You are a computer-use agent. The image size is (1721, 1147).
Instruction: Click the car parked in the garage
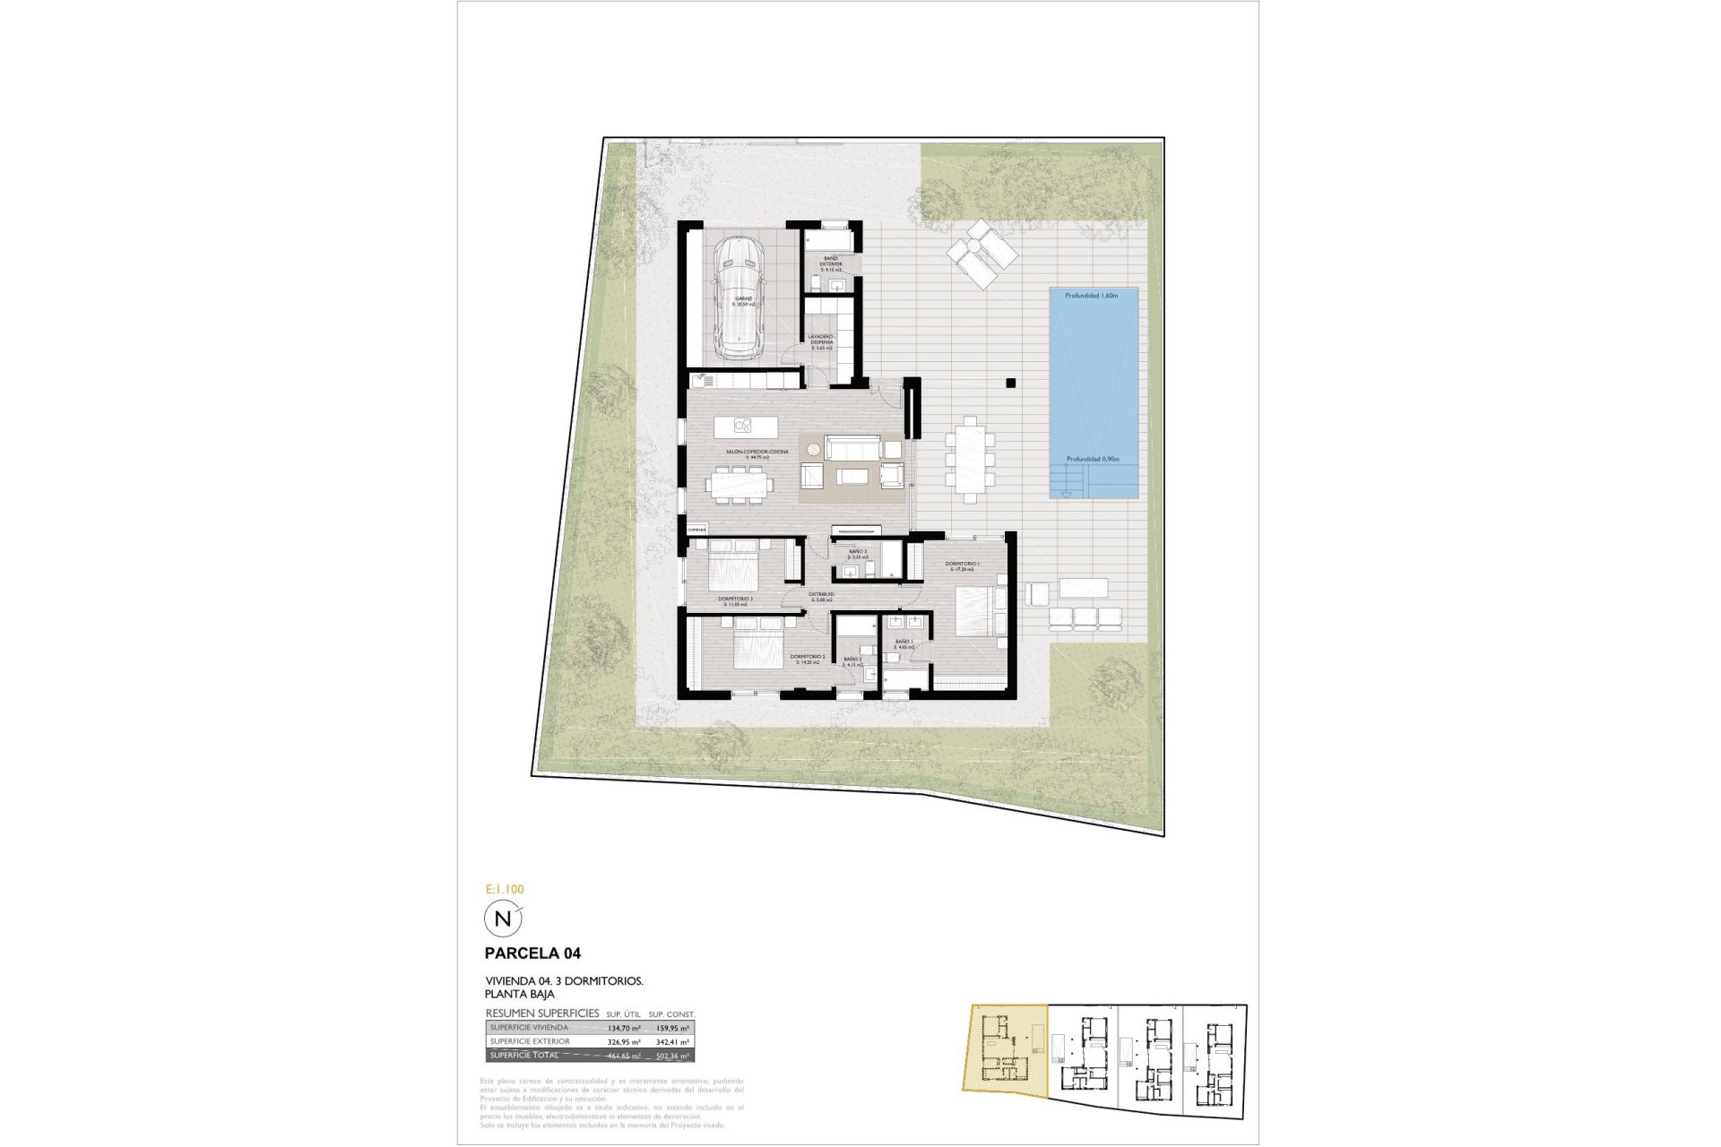[x=737, y=297]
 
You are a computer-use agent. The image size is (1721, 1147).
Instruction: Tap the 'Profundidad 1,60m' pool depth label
[x=1092, y=296]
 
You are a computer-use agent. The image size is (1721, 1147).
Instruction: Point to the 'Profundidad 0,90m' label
[x=1092, y=460]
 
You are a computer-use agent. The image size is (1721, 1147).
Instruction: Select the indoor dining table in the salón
[x=740, y=485]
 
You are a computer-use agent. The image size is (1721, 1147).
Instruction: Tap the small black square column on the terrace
[x=1010, y=384]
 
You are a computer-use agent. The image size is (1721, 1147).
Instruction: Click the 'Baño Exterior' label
[x=831, y=262]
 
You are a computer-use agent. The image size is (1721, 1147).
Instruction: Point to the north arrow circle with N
[x=502, y=918]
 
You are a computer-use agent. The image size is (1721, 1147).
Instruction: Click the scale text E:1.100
[x=505, y=890]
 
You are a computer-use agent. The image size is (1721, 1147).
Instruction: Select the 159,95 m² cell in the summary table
[x=671, y=1028]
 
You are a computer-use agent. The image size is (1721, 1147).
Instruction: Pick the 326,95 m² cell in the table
[x=623, y=1042]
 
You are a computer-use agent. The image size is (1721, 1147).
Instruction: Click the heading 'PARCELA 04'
[x=532, y=953]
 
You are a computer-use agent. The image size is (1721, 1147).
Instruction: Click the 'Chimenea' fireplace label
[x=696, y=530]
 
